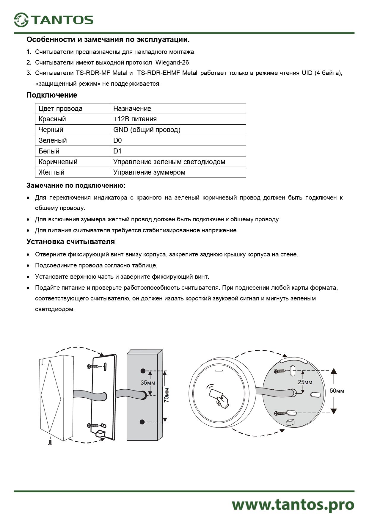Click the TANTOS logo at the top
(54, 20)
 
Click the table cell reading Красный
(52, 119)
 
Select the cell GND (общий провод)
(147, 130)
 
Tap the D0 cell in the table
(117, 140)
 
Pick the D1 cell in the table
(117, 151)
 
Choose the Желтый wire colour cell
(51, 172)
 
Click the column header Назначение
(132, 109)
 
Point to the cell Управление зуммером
(149, 172)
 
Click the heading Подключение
(52, 95)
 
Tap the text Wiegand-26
(173, 62)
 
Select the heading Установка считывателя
(70, 242)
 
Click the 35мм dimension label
(148, 383)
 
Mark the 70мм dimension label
(167, 395)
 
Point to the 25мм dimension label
(305, 382)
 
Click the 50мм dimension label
(337, 391)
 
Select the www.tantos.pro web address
(293, 505)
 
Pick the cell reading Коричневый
(58, 162)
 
